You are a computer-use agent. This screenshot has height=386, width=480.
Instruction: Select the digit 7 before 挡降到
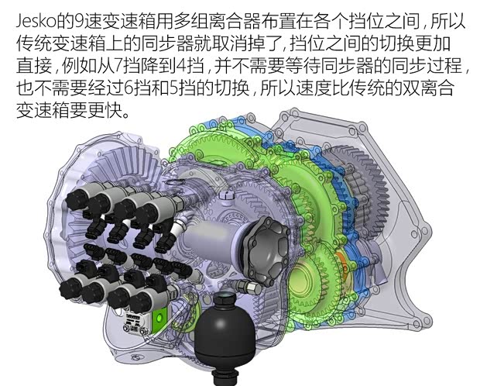118,66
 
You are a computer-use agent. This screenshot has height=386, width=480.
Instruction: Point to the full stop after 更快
125,115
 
